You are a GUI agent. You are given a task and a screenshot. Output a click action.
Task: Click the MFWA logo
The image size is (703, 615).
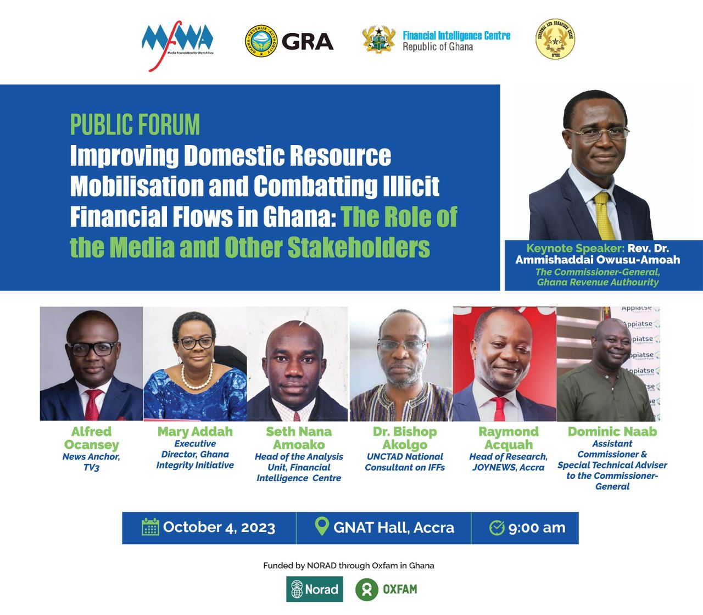coord(177,44)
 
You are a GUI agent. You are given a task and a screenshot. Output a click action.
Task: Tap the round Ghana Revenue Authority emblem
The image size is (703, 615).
coord(261,41)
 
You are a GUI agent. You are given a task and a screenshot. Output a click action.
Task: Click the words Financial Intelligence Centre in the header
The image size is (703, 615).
coord(456,36)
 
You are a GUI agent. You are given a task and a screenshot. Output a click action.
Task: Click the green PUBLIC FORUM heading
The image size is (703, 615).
coord(135,125)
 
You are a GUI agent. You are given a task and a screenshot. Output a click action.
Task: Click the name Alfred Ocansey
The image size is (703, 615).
coord(91,438)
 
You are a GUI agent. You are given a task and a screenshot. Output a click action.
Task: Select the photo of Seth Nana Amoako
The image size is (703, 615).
coord(298,364)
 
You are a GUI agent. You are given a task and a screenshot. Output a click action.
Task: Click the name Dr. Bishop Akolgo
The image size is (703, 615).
coord(405,438)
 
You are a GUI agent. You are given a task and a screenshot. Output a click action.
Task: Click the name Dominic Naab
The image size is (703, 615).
coord(612,432)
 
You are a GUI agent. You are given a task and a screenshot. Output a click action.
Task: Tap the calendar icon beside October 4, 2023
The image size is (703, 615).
coord(150,527)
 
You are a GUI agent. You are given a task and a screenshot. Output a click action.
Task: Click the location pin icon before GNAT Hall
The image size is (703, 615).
coord(321,526)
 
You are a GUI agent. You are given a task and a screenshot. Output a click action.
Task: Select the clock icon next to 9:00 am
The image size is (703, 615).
coord(496,528)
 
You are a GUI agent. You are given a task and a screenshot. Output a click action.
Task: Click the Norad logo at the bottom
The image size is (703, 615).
coord(315,589)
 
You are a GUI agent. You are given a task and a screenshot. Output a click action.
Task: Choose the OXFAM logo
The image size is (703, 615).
coord(387,589)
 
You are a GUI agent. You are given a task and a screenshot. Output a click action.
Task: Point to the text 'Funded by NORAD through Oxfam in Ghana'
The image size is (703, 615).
coord(349,566)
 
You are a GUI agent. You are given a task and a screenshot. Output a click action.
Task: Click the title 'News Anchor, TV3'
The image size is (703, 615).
coord(91,462)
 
